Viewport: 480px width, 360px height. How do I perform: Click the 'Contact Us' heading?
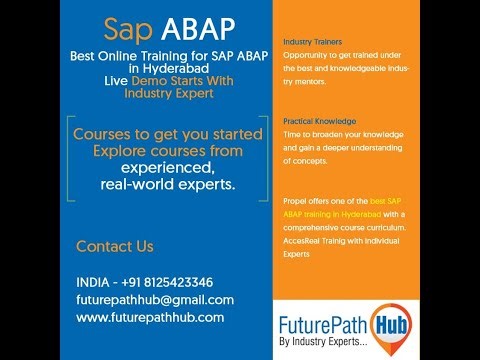[x=115, y=246]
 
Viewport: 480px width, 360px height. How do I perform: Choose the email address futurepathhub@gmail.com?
[x=155, y=300]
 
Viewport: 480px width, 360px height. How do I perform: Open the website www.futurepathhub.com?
[x=150, y=317]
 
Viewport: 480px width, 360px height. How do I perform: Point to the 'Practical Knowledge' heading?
[x=317, y=121]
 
